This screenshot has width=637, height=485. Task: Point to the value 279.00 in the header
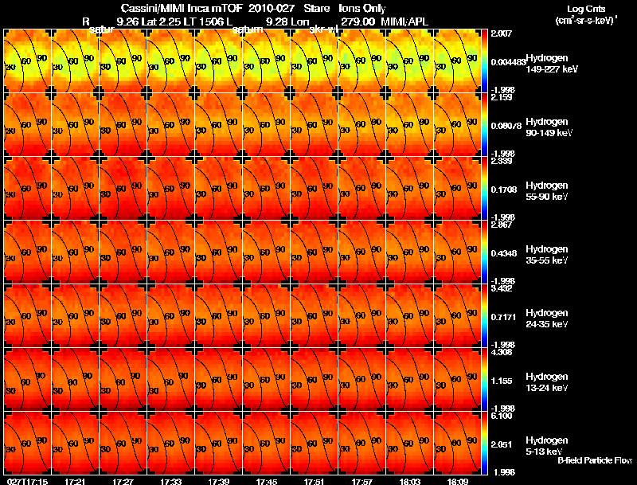(x=358, y=22)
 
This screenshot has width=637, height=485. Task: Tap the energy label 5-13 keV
(x=543, y=451)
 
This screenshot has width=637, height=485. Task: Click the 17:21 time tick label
(x=76, y=481)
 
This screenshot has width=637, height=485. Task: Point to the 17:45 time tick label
(x=267, y=481)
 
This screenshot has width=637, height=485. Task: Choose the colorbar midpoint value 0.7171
(x=505, y=318)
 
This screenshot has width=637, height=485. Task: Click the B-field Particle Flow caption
(x=594, y=460)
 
